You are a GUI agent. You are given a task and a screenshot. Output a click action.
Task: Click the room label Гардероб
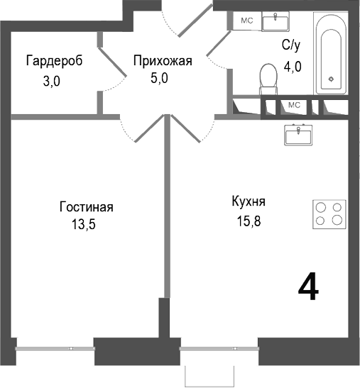click(x=54, y=61)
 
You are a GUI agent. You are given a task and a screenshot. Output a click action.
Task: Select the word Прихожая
click(x=163, y=61)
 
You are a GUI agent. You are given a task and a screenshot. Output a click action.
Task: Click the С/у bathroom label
click(x=291, y=46)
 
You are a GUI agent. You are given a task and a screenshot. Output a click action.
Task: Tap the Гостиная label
click(x=86, y=208)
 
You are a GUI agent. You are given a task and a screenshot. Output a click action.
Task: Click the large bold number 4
click(x=307, y=287)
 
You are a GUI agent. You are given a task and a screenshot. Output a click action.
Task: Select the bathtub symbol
click(x=331, y=56)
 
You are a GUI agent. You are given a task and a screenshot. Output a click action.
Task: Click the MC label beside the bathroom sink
click(x=246, y=21)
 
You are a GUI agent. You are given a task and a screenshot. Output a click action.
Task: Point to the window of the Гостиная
click(x=55, y=348)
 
